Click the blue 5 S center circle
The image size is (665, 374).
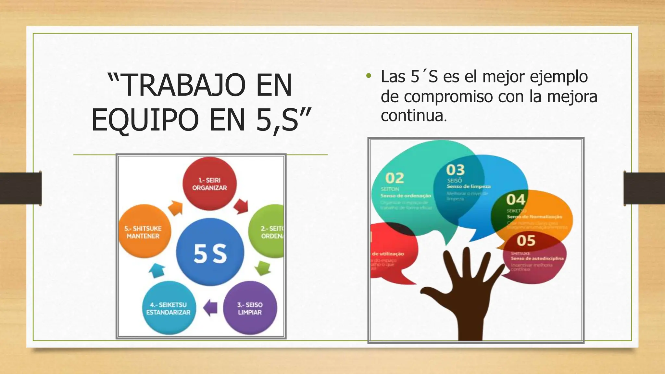coord(210,253)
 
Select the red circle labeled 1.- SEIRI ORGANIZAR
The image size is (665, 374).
coord(209,184)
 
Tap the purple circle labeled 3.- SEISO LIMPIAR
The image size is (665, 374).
coord(250,308)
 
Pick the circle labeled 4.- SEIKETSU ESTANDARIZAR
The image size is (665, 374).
coord(169,308)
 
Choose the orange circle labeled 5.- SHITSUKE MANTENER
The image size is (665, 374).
coord(144,231)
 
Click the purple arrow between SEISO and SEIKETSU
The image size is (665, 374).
coord(210,307)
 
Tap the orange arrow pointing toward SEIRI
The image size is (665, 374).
coord(176,208)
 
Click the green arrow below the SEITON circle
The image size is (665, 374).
coord(263,268)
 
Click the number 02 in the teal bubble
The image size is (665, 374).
coord(395,178)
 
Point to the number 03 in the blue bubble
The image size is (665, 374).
coord(455,170)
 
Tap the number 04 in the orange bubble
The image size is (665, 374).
coord(516,200)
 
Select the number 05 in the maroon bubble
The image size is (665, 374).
coord(526,241)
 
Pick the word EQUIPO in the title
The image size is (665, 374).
coord(145,120)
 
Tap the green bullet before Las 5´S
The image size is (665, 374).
coord(368,77)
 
